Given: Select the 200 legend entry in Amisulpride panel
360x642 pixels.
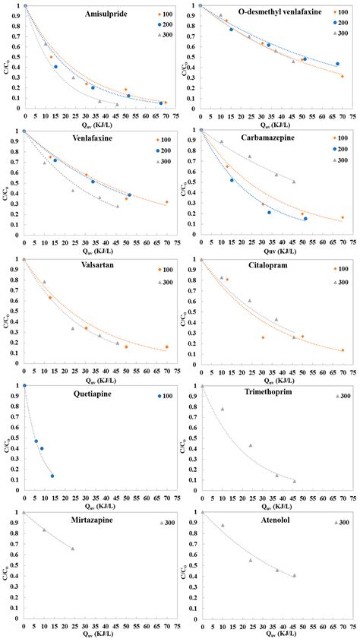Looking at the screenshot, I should coord(163,24).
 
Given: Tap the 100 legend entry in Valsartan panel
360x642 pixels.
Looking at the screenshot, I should coord(163,270).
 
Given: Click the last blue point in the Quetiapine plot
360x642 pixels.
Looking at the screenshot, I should coord(52,476).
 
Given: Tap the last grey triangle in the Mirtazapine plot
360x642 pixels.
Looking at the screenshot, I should coord(73,549).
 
